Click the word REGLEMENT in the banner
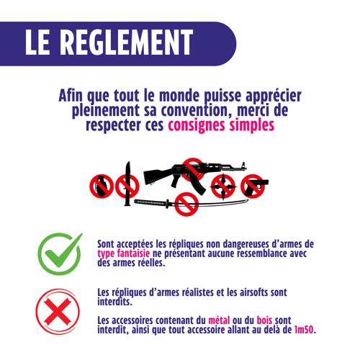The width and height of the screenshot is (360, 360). click(x=127, y=42)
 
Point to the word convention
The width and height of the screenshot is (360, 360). click(x=194, y=110)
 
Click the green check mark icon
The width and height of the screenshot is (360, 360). click(x=60, y=253)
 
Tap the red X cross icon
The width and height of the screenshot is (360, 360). click(x=58, y=311)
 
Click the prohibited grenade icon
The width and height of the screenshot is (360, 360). click(x=102, y=186)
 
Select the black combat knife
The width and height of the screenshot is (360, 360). click(x=127, y=184)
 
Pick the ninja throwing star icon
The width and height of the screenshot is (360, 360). click(x=223, y=186)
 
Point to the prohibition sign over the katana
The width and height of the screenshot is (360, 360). click(x=186, y=204)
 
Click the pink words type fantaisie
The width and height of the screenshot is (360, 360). click(x=124, y=253)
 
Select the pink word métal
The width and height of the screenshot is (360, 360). click(x=219, y=320)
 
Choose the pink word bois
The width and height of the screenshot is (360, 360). click(x=264, y=320)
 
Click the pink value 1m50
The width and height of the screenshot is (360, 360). click(x=304, y=330)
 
